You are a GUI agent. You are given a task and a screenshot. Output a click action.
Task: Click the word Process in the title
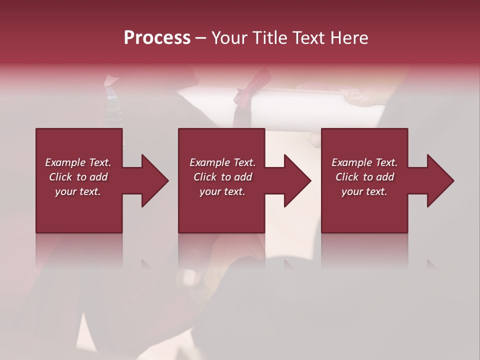click(157, 38)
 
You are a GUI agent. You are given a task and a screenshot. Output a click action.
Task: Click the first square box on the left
click(79, 150)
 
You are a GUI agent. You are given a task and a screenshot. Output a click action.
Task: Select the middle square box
click(221, 150)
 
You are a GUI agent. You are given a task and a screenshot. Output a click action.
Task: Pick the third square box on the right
click(364, 150)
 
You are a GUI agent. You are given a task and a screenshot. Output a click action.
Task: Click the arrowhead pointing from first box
click(152, 180)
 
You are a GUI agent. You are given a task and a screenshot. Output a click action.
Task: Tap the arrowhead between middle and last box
click(294, 180)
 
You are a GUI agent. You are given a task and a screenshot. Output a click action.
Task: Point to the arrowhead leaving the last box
click(437, 180)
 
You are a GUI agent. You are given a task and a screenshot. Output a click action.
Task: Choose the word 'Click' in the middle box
click(204, 177)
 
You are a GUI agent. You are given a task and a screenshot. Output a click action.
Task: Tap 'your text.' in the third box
click(364, 191)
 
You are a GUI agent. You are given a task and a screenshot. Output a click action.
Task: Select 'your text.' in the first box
click(78, 191)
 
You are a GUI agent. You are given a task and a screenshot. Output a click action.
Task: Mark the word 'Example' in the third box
click(352, 162)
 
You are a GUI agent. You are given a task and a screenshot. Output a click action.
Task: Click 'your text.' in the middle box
click(222, 191)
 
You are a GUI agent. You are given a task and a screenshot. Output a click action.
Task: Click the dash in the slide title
click(200, 38)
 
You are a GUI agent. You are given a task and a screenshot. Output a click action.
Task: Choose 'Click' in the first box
click(60, 177)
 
